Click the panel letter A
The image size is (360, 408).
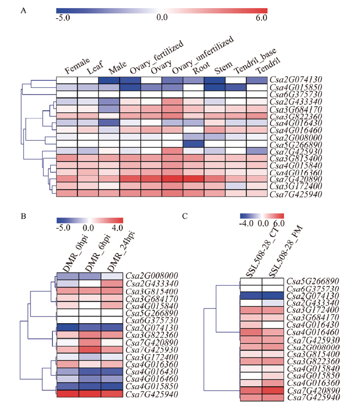pyautogui.click(x=23, y=11)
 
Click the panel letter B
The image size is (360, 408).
pyautogui.click(x=23, y=216)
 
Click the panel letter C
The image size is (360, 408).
pyautogui.click(x=185, y=216)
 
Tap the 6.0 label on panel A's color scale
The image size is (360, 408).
pyautogui.click(x=261, y=18)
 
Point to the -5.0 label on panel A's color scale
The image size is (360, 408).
pyautogui.click(x=62, y=18)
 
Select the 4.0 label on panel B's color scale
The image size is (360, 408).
pyautogui.click(x=117, y=228)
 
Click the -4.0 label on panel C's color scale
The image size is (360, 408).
pyautogui.click(x=246, y=223)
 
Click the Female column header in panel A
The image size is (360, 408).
pyautogui.click(x=77, y=66)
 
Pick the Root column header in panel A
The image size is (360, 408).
pyautogui.click(x=201, y=68)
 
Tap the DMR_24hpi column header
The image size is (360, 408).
pyautogui.click(x=121, y=251)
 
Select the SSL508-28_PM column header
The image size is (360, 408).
pyautogui.click(x=285, y=252)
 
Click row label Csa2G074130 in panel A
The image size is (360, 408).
pyautogui.click(x=296, y=80)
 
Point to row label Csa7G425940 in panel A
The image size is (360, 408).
pyautogui.click(x=296, y=194)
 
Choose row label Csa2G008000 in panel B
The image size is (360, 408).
pyautogui.click(x=152, y=276)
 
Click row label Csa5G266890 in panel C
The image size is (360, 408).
pyautogui.click(x=313, y=281)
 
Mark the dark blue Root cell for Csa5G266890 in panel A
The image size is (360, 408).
pyautogui.click(x=193, y=144)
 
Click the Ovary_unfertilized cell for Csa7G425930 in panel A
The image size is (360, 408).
pyautogui.click(x=173, y=151)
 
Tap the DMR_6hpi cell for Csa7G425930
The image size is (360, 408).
pyautogui.click(x=90, y=350)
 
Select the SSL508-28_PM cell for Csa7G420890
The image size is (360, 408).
pyautogui.click(x=273, y=391)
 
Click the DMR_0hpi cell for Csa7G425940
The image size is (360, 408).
pyautogui.click(x=68, y=394)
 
